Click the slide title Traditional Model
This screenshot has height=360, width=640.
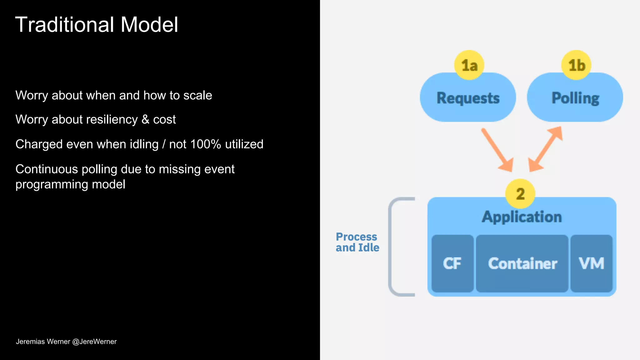click(x=97, y=25)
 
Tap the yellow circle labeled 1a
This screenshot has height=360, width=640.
click(x=469, y=65)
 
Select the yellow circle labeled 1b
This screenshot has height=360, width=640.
click(x=576, y=65)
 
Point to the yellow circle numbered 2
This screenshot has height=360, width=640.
click(x=520, y=194)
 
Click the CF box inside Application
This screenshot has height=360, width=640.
click(x=452, y=263)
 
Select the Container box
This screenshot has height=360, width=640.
click(x=522, y=263)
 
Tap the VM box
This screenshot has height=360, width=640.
click(x=591, y=263)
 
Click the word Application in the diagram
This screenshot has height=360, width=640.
click(x=522, y=217)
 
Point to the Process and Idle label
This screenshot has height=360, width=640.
click(x=357, y=242)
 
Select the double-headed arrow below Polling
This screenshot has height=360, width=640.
click(x=546, y=149)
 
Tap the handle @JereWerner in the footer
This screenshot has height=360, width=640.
click(x=94, y=342)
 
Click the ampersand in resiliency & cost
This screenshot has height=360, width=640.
click(x=145, y=119)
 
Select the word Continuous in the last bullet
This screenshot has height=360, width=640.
click(x=47, y=169)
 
